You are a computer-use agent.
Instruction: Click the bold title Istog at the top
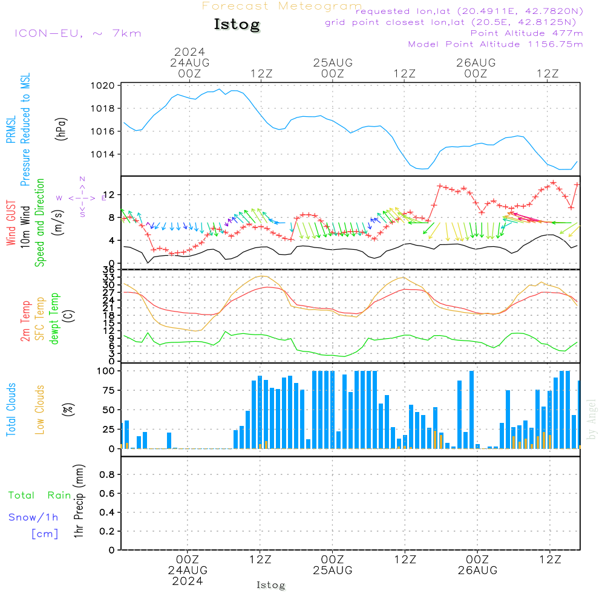[237, 25]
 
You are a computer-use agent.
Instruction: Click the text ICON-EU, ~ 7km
[78, 33]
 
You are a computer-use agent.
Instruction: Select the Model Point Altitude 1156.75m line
[495, 44]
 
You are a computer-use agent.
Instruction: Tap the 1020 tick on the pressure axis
[103, 86]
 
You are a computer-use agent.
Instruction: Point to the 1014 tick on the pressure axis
[103, 154]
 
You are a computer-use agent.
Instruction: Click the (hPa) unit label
[61, 129]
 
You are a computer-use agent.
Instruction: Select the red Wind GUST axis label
[11, 223]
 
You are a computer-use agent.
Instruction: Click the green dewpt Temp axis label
[54, 318]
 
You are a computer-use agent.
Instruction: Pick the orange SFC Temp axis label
[40, 319]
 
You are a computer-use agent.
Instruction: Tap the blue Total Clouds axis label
[11, 410]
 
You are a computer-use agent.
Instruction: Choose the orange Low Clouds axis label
[40, 410]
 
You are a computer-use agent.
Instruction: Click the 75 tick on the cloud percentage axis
[108, 390]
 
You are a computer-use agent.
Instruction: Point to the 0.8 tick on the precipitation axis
[107, 474]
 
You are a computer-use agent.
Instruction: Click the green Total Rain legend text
[40, 495]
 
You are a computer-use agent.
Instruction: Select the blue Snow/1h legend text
[33, 517]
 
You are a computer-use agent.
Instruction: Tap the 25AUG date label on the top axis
[333, 63]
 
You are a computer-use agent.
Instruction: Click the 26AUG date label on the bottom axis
[478, 571]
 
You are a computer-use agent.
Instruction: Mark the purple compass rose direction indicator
[82, 197]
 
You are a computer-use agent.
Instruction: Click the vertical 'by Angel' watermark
[592, 419]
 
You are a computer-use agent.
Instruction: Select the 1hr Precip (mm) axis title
[79, 501]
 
